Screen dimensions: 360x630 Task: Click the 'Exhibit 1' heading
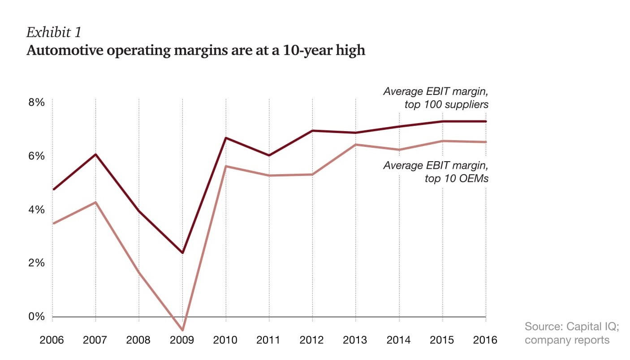pyautogui.click(x=53, y=33)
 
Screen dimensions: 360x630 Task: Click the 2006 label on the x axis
pyautogui.click(x=52, y=340)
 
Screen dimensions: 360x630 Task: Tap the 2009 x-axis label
pyautogui.click(x=182, y=340)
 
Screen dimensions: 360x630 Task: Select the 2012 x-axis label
pyautogui.click(x=312, y=340)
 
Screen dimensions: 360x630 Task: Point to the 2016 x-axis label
pyautogui.click(x=486, y=340)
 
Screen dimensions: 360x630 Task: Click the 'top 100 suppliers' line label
pyautogui.click(x=446, y=105)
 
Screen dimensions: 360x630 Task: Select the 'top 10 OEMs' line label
pyautogui.click(x=456, y=179)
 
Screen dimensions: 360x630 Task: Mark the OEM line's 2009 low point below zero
pyautogui.click(x=182, y=330)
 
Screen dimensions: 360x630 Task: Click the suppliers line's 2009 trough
pyautogui.click(x=182, y=253)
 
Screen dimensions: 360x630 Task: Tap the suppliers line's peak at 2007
pyautogui.click(x=95, y=154)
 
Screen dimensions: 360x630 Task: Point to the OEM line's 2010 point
pyautogui.click(x=226, y=166)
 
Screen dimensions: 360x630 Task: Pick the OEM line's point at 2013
pyautogui.click(x=356, y=144)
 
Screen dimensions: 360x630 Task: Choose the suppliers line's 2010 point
pyautogui.click(x=226, y=138)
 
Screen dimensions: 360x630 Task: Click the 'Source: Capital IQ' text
pyautogui.click(x=571, y=326)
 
